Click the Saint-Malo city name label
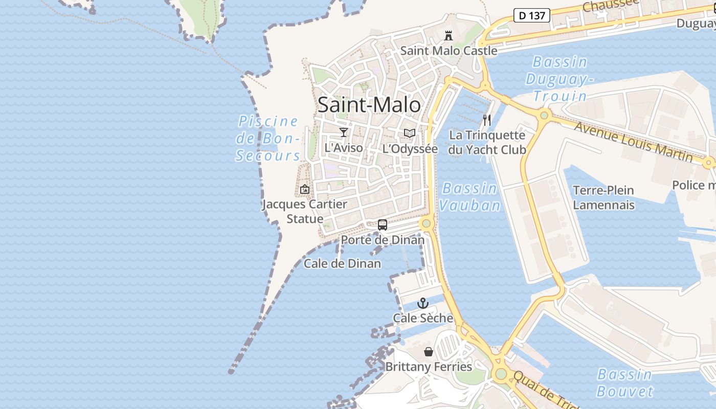pyautogui.click(x=369, y=105)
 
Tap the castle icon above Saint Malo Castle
pyautogui.click(x=449, y=36)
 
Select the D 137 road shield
pyautogui.click(x=531, y=15)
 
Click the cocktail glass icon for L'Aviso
pyautogui.click(x=344, y=132)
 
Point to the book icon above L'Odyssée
pyautogui.click(x=409, y=133)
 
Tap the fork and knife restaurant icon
pyautogui.click(x=487, y=120)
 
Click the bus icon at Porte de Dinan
pyautogui.click(x=383, y=224)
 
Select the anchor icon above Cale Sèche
pyautogui.click(x=422, y=303)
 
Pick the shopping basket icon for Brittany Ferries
pyautogui.click(x=429, y=352)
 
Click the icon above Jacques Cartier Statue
pyautogui.click(x=305, y=189)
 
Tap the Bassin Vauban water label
pyautogui.click(x=469, y=197)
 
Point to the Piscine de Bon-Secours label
pyautogui.click(x=268, y=139)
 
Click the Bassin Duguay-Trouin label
pyautogui.click(x=560, y=79)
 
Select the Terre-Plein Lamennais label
pyautogui.click(x=603, y=198)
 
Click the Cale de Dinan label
pyautogui.click(x=342, y=264)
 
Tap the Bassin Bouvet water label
pyautogui.click(x=624, y=383)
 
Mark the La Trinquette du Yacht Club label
pyautogui.click(x=487, y=143)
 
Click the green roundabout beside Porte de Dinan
pyautogui.click(x=426, y=223)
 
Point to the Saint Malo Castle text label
pyautogui.click(x=449, y=51)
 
